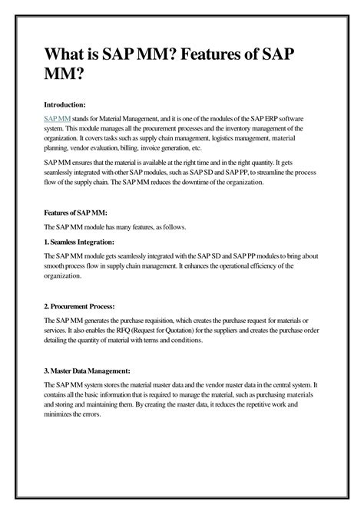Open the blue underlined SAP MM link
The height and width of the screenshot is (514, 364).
click(58, 119)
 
